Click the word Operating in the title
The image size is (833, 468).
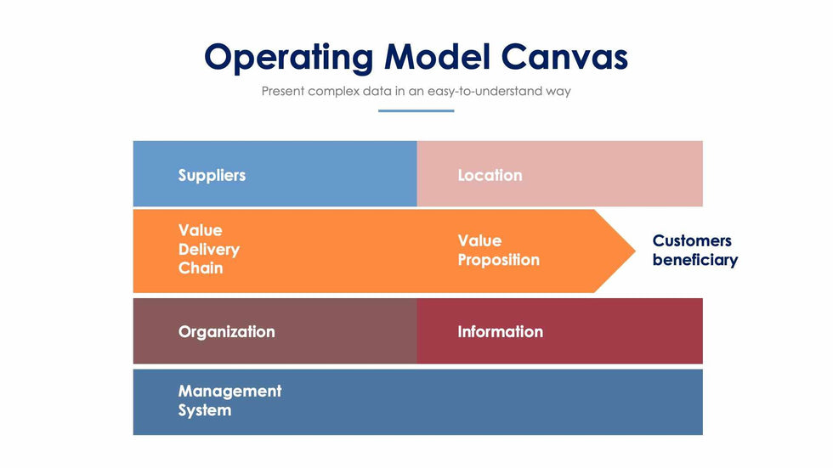point(289,57)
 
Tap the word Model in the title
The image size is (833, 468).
point(437,57)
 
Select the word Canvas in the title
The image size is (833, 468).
point(564,57)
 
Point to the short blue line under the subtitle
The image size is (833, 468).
point(416,110)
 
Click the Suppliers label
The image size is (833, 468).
point(212,175)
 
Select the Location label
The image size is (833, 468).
point(490,175)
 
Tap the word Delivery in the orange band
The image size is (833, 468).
point(209,250)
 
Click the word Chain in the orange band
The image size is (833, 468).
point(201,268)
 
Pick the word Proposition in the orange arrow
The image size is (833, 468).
point(498,260)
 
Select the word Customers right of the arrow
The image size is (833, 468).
point(692,240)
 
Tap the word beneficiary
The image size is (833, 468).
point(694,260)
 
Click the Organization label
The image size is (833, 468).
point(226,331)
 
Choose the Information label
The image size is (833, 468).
point(500,331)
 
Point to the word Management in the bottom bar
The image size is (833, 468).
point(229,391)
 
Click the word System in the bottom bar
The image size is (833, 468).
point(205,410)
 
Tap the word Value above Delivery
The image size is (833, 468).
point(200,230)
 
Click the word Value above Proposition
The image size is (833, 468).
point(479,240)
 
